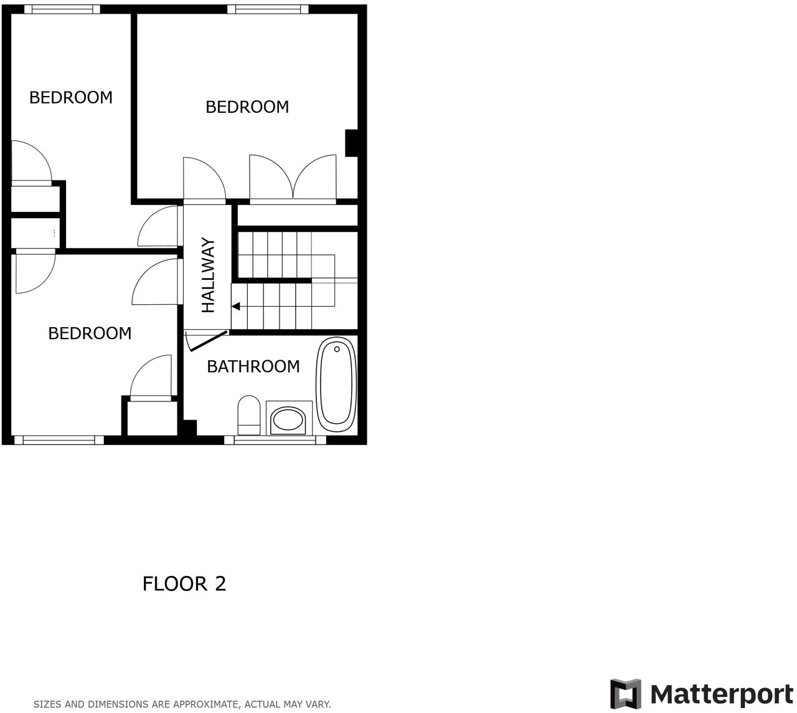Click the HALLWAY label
pyautogui.click(x=208, y=275)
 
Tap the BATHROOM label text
pyautogui.click(x=253, y=366)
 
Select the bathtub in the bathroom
pyautogui.click(x=337, y=385)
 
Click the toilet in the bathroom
pyautogui.click(x=249, y=414)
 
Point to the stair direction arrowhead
pyautogui.click(x=236, y=306)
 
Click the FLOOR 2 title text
pyautogui.click(x=184, y=584)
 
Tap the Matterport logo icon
pyautogui.click(x=625, y=694)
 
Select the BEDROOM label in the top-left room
pyautogui.click(x=71, y=97)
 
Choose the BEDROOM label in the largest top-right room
pyautogui.click(x=247, y=107)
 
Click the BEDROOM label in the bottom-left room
pyautogui.click(x=90, y=333)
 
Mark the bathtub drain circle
pyautogui.click(x=337, y=349)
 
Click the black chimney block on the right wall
pyautogui.click(x=351, y=143)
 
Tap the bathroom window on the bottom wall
pyautogui.click(x=275, y=439)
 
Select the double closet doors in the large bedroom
pyautogui.click(x=293, y=181)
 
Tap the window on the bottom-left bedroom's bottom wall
pyautogui.click(x=59, y=439)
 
